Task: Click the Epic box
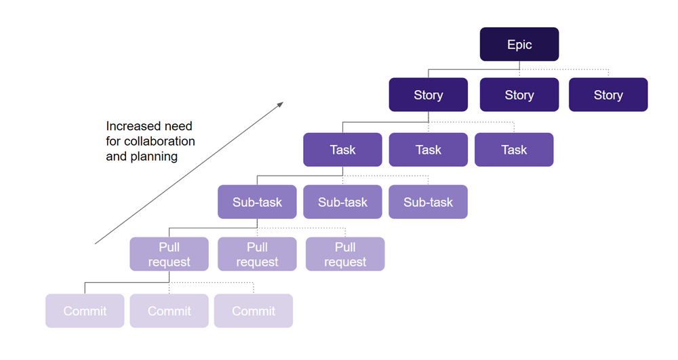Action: click(x=519, y=45)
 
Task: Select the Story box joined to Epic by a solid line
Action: click(x=428, y=95)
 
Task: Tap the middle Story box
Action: click(x=519, y=95)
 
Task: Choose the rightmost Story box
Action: click(x=608, y=95)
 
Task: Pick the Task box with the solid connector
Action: click(x=342, y=150)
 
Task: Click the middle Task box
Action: click(x=428, y=150)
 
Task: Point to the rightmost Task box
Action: click(x=514, y=150)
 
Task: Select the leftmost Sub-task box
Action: click(x=257, y=202)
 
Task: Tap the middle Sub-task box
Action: click(x=342, y=202)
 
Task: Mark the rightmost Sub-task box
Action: click(x=428, y=202)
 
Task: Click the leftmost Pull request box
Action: click(x=169, y=254)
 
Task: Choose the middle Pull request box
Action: click(x=257, y=254)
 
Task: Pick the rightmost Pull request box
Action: click(x=345, y=254)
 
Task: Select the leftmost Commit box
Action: click(x=85, y=311)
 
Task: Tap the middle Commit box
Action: click(x=169, y=311)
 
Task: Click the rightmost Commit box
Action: click(x=254, y=311)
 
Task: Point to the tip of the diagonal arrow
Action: click(x=282, y=103)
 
